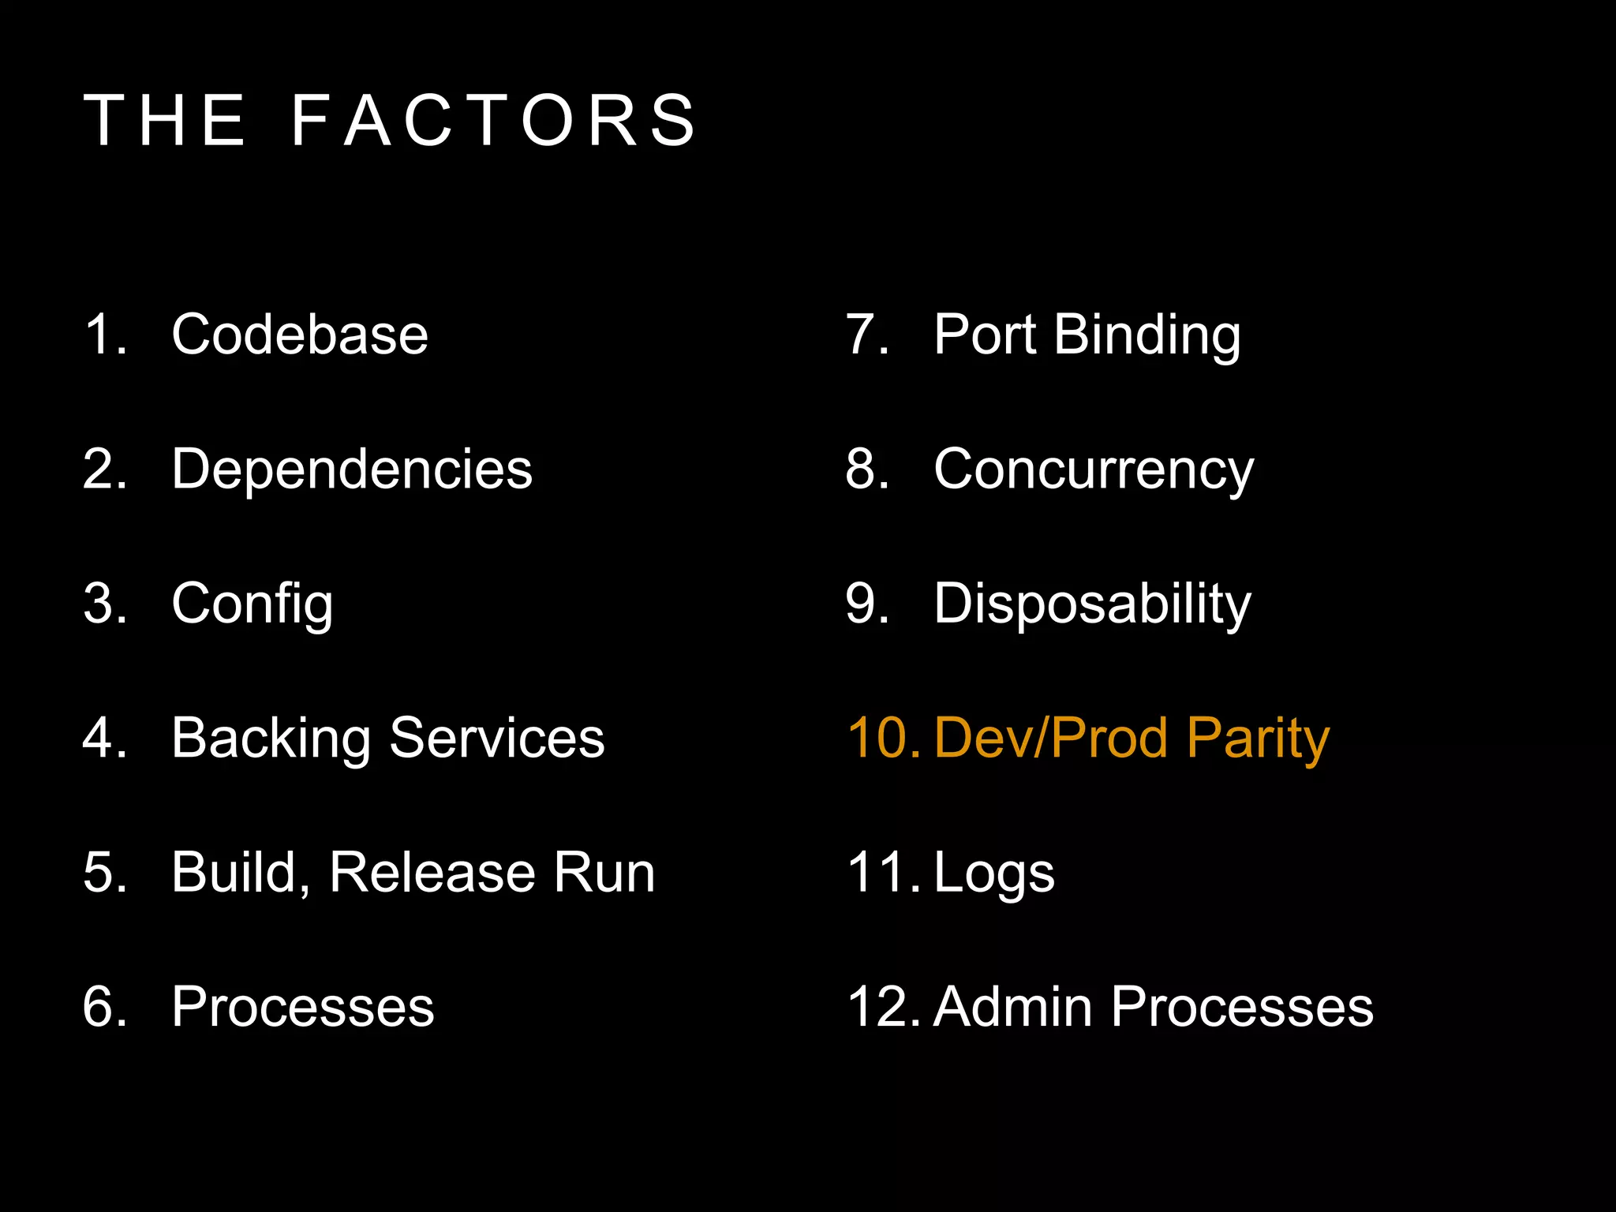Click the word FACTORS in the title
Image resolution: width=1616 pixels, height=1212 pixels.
[494, 121]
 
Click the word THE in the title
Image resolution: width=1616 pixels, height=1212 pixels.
[166, 121]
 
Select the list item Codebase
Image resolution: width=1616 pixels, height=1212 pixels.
[300, 335]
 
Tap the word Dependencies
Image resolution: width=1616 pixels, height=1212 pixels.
[352, 469]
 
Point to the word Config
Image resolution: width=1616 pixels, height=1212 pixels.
[252, 604]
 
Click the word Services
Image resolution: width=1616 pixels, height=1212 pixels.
[497, 739]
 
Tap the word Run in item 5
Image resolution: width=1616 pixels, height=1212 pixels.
[604, 873]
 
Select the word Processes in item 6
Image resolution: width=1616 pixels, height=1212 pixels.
[303, 1008]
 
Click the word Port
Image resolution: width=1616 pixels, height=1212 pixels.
[984, 335]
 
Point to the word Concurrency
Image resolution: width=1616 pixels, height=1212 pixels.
[1094, 470]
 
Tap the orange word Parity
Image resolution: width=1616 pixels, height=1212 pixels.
[1258, 739]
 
